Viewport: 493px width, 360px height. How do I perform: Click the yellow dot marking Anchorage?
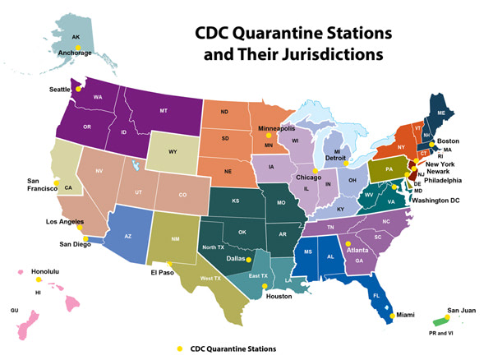coord(78,48)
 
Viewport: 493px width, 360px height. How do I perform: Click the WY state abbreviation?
coord(173,152)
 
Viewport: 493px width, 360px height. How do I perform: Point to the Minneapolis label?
coord(276,129)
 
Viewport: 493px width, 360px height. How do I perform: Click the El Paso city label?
coord(164,273)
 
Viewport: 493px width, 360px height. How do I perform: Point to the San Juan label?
coord(461,311)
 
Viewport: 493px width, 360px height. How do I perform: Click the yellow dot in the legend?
coord(180,349)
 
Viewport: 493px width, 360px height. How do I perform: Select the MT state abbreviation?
coord(164,111)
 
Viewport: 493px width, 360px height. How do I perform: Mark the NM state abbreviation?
coord(176,239)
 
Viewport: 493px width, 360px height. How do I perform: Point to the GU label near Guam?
coord(13,311)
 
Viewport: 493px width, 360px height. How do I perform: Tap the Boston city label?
coord(448,141)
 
